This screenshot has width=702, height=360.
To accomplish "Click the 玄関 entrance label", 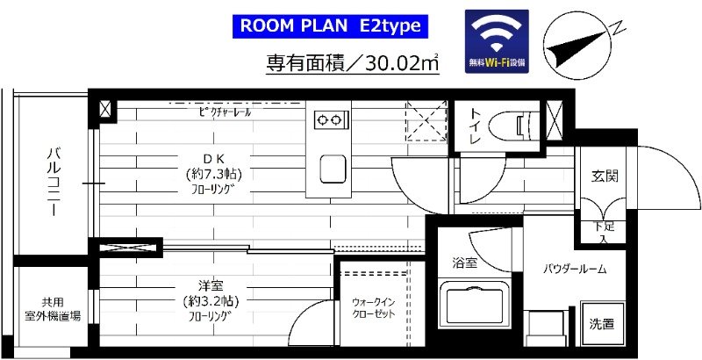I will click(x=604, y=176).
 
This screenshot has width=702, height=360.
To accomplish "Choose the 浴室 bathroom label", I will click(x=464, y=262).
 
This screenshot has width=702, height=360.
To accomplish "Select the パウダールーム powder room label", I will click(x=575, y=269).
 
